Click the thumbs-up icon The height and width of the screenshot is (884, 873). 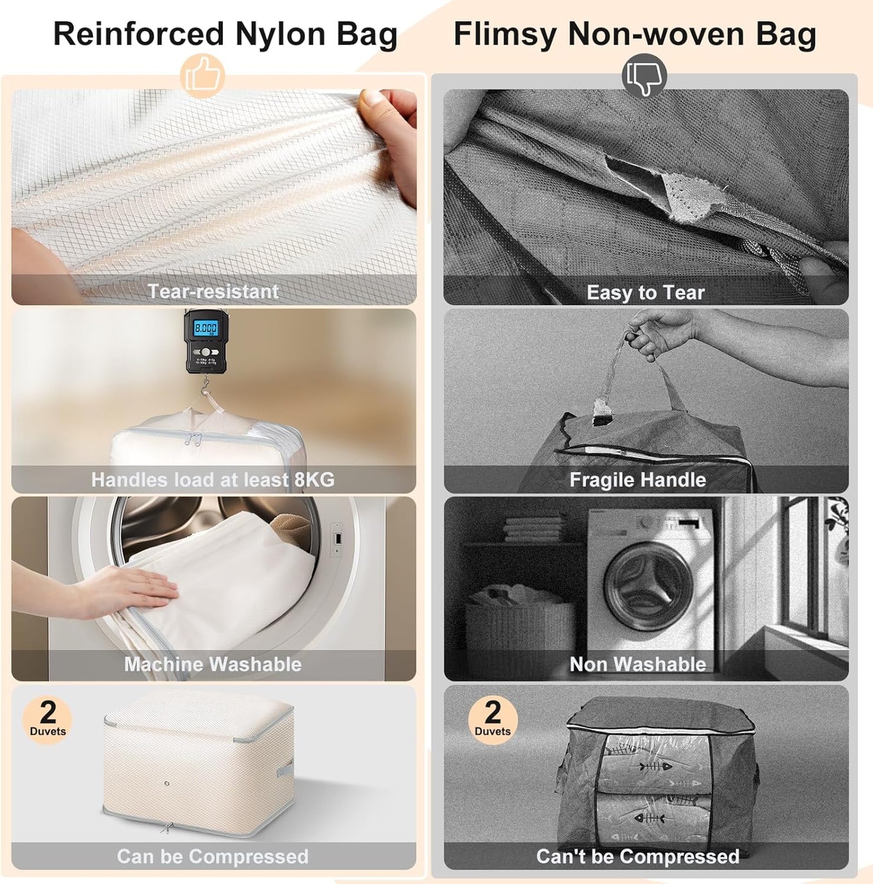[202, 77]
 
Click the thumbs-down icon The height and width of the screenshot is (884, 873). [644, 77]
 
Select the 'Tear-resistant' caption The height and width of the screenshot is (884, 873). [213, 292]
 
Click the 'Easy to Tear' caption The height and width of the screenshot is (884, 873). [645, 293]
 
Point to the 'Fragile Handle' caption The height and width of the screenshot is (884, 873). [637, 480]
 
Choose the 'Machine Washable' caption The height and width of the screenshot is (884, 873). [213, 664]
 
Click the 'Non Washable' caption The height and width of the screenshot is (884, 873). [637, 664]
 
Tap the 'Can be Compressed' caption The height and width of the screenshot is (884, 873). [213, 856]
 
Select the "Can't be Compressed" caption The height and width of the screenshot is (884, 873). [637, 856]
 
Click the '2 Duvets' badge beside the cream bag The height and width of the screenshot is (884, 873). [48, 719]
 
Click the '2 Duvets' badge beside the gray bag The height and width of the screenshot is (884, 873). [492, 719]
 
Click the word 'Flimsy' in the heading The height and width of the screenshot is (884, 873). [505, 34]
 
